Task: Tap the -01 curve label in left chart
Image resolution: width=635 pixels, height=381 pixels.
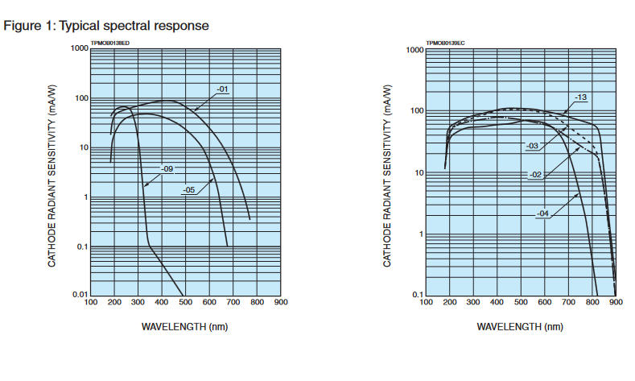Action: (x=222, y=89)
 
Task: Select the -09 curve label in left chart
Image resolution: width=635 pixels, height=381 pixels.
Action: (x=167, y=168)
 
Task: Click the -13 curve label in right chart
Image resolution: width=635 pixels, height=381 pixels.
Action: (x=580, y=97)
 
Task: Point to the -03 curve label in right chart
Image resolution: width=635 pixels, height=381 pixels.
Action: (x=532, y=146)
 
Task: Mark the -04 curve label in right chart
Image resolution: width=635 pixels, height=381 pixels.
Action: (x=543, y=213)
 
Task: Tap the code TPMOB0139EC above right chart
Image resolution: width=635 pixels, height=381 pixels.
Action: (x=445, y=42)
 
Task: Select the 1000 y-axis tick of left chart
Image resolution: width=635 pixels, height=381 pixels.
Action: (x=77, y=48)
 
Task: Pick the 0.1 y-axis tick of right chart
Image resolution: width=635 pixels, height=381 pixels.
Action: (x=417, y=296)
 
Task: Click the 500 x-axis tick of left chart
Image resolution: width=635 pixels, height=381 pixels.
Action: (x=185, y=302)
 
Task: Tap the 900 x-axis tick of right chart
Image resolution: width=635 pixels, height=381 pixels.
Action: (x=616, y=303)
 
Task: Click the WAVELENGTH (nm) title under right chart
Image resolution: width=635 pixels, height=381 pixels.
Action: (x=521, y=326)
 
